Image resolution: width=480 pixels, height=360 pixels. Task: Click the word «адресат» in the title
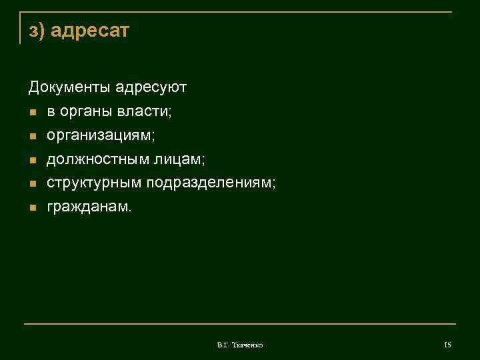tap(89, 31)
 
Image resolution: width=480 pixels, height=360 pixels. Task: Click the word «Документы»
tap(69, 87)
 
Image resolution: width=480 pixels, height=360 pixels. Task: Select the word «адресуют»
tap(151, 87)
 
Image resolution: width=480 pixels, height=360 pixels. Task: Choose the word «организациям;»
tap(101, 135)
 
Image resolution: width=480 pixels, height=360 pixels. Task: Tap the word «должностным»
tap(97, 159)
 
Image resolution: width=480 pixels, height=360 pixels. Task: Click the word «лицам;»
tap(179, 159)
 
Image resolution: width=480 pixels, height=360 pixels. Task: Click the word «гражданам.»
tap(89, 207)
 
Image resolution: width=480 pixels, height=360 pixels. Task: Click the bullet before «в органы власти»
tap(31, 112)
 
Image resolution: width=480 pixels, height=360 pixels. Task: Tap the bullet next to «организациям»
tap(31, 136)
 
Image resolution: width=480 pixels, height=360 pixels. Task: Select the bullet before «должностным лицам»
tap(31, 160)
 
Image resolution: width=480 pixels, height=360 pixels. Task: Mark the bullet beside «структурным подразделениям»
tap(31, 184)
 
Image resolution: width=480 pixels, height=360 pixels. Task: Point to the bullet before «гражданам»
tap(31, 208)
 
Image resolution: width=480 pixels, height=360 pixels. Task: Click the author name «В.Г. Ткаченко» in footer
tap(240, 345)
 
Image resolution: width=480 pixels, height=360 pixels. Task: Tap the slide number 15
tap(447, 345)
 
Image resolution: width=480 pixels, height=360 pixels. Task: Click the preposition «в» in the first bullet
tap(51, 111)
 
